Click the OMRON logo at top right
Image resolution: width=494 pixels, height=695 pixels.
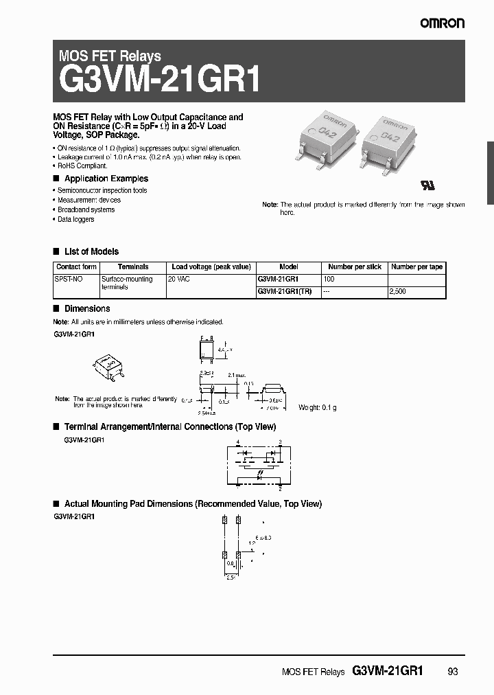point(443,23)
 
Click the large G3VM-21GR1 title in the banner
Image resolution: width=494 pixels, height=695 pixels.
point(161,79)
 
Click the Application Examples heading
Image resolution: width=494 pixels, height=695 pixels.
point(106,179)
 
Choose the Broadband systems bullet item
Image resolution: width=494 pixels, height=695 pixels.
point(86,209)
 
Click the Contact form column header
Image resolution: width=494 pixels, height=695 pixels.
point(76,266)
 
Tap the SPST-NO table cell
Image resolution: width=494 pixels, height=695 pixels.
point(67,280)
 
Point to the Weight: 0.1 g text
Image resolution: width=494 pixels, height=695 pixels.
point(317,407)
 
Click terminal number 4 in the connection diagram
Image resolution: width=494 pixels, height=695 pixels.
point(237,443)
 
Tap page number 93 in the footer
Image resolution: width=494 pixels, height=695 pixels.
point(452,672)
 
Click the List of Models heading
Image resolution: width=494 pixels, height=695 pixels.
point(91,251)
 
